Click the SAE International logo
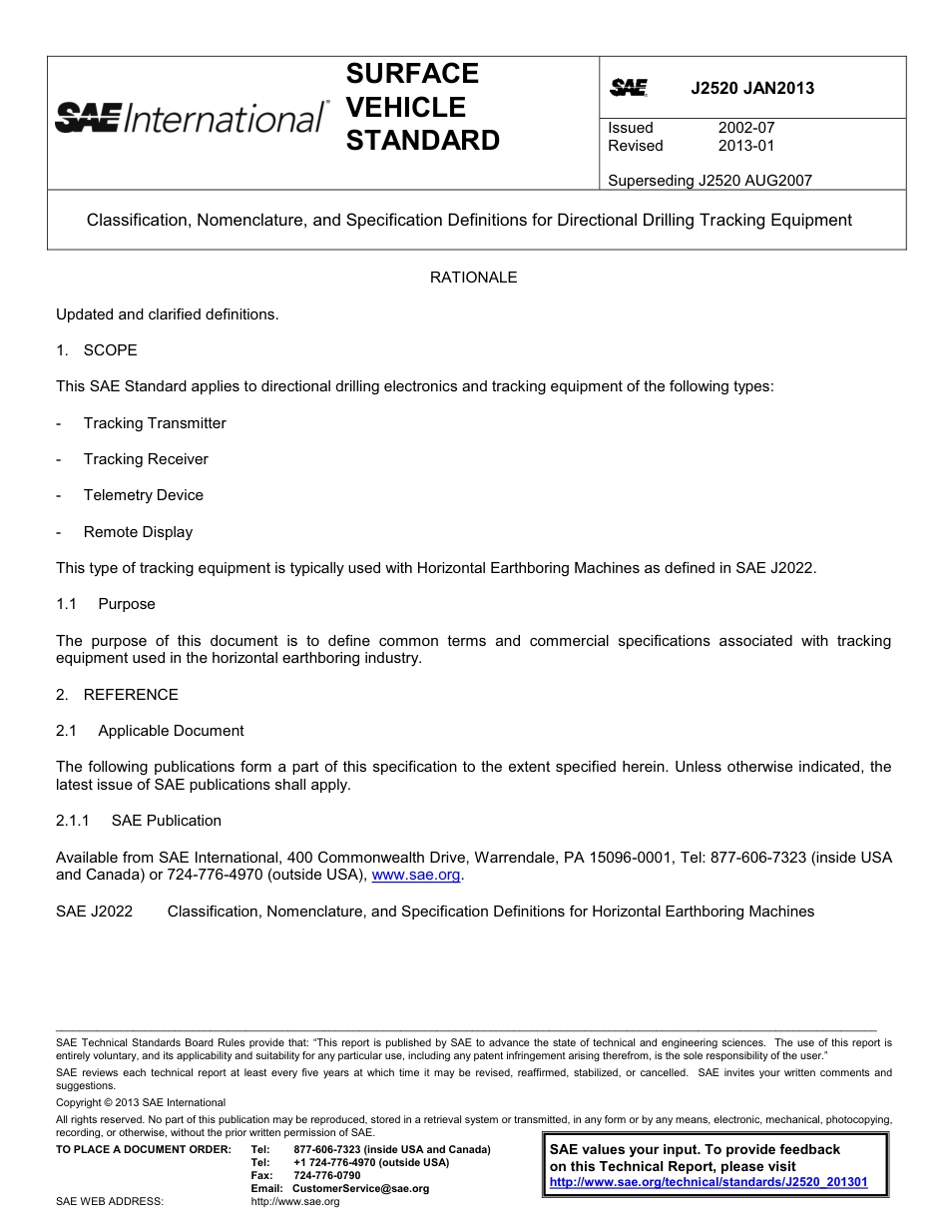(191, 118)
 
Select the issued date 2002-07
(745, 128)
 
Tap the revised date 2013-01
(745, 146)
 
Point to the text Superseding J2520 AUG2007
(710, 181)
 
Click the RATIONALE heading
(473, 278)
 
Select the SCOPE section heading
(110, 350)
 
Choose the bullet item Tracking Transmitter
(155, 423)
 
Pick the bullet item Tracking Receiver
(146, 459)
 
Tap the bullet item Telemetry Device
(143, 495)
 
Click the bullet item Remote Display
(138, 532)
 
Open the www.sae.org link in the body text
(415, 876)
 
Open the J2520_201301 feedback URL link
(709, 1182)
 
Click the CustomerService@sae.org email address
(360, 1189)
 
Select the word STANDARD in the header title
(422, 141)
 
